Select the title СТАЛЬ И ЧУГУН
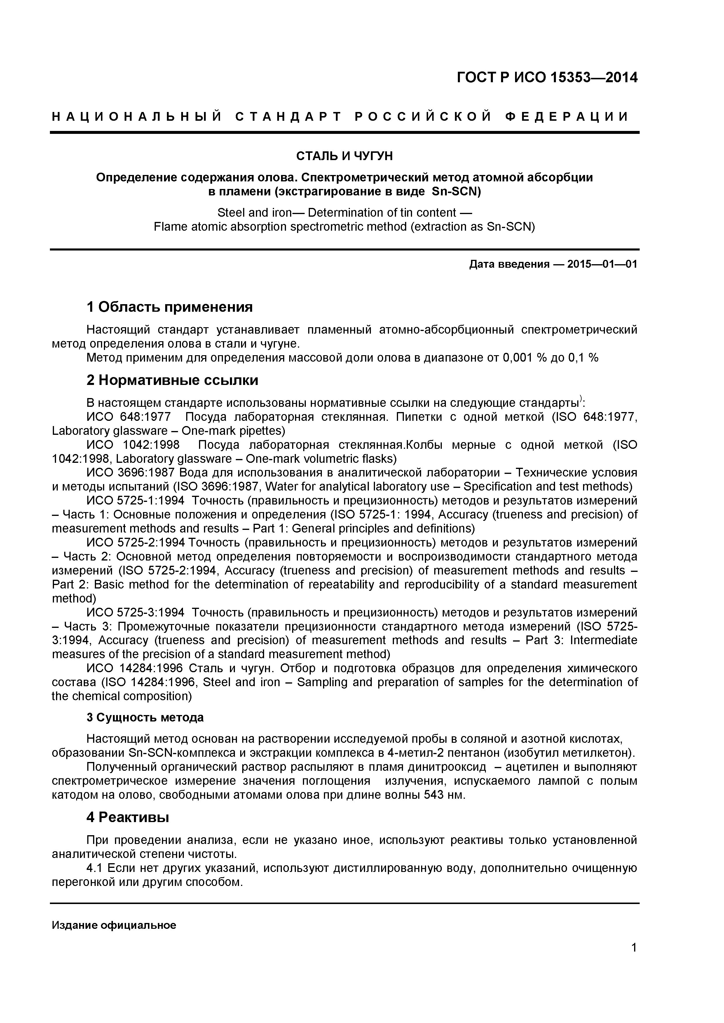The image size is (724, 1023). click(x=345, y=156)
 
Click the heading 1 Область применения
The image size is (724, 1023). click(x=170, y=307)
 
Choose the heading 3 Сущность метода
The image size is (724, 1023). click(x=145, y=717)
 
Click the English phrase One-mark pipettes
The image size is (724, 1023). click(x=234, y=431)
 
